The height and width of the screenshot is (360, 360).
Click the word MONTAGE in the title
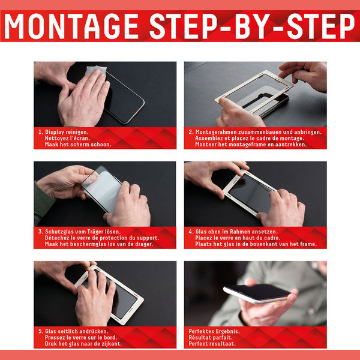pos(71,26)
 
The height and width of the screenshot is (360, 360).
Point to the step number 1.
pos(40,132)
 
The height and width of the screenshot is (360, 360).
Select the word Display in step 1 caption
pos(55,132)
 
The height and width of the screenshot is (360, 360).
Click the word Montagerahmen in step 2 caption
pos(216,132)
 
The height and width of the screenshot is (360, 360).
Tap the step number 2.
pos(191,132)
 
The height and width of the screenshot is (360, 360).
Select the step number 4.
pos(191,232)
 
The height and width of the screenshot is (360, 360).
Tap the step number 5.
pos(40,331)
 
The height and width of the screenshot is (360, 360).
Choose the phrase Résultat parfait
pos(211,338)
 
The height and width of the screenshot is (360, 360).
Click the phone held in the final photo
pos(257,293)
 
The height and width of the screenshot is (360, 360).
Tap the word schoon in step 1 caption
pos(101,145)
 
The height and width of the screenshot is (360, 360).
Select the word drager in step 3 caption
pos(143,244)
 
